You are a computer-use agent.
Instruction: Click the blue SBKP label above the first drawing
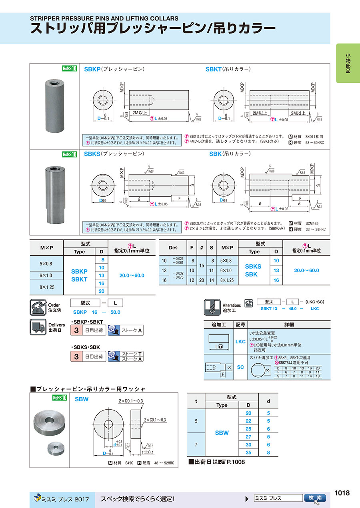point(92,69)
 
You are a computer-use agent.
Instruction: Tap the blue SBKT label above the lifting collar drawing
point(213,69)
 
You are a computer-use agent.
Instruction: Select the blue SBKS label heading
point(92,154)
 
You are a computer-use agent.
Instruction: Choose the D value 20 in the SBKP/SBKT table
point(101,291)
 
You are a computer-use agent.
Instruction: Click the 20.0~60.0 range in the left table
point(132,275)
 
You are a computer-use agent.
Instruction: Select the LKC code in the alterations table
point(240,342)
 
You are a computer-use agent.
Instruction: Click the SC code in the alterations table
point(240,367)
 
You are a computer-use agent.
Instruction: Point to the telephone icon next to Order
point(39,307)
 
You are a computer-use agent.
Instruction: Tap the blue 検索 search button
point(315,498)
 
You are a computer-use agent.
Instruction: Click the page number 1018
point(342,493)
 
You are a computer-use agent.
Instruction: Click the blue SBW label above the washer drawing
point(82,398)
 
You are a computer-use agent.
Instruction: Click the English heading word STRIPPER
point(47,18)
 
